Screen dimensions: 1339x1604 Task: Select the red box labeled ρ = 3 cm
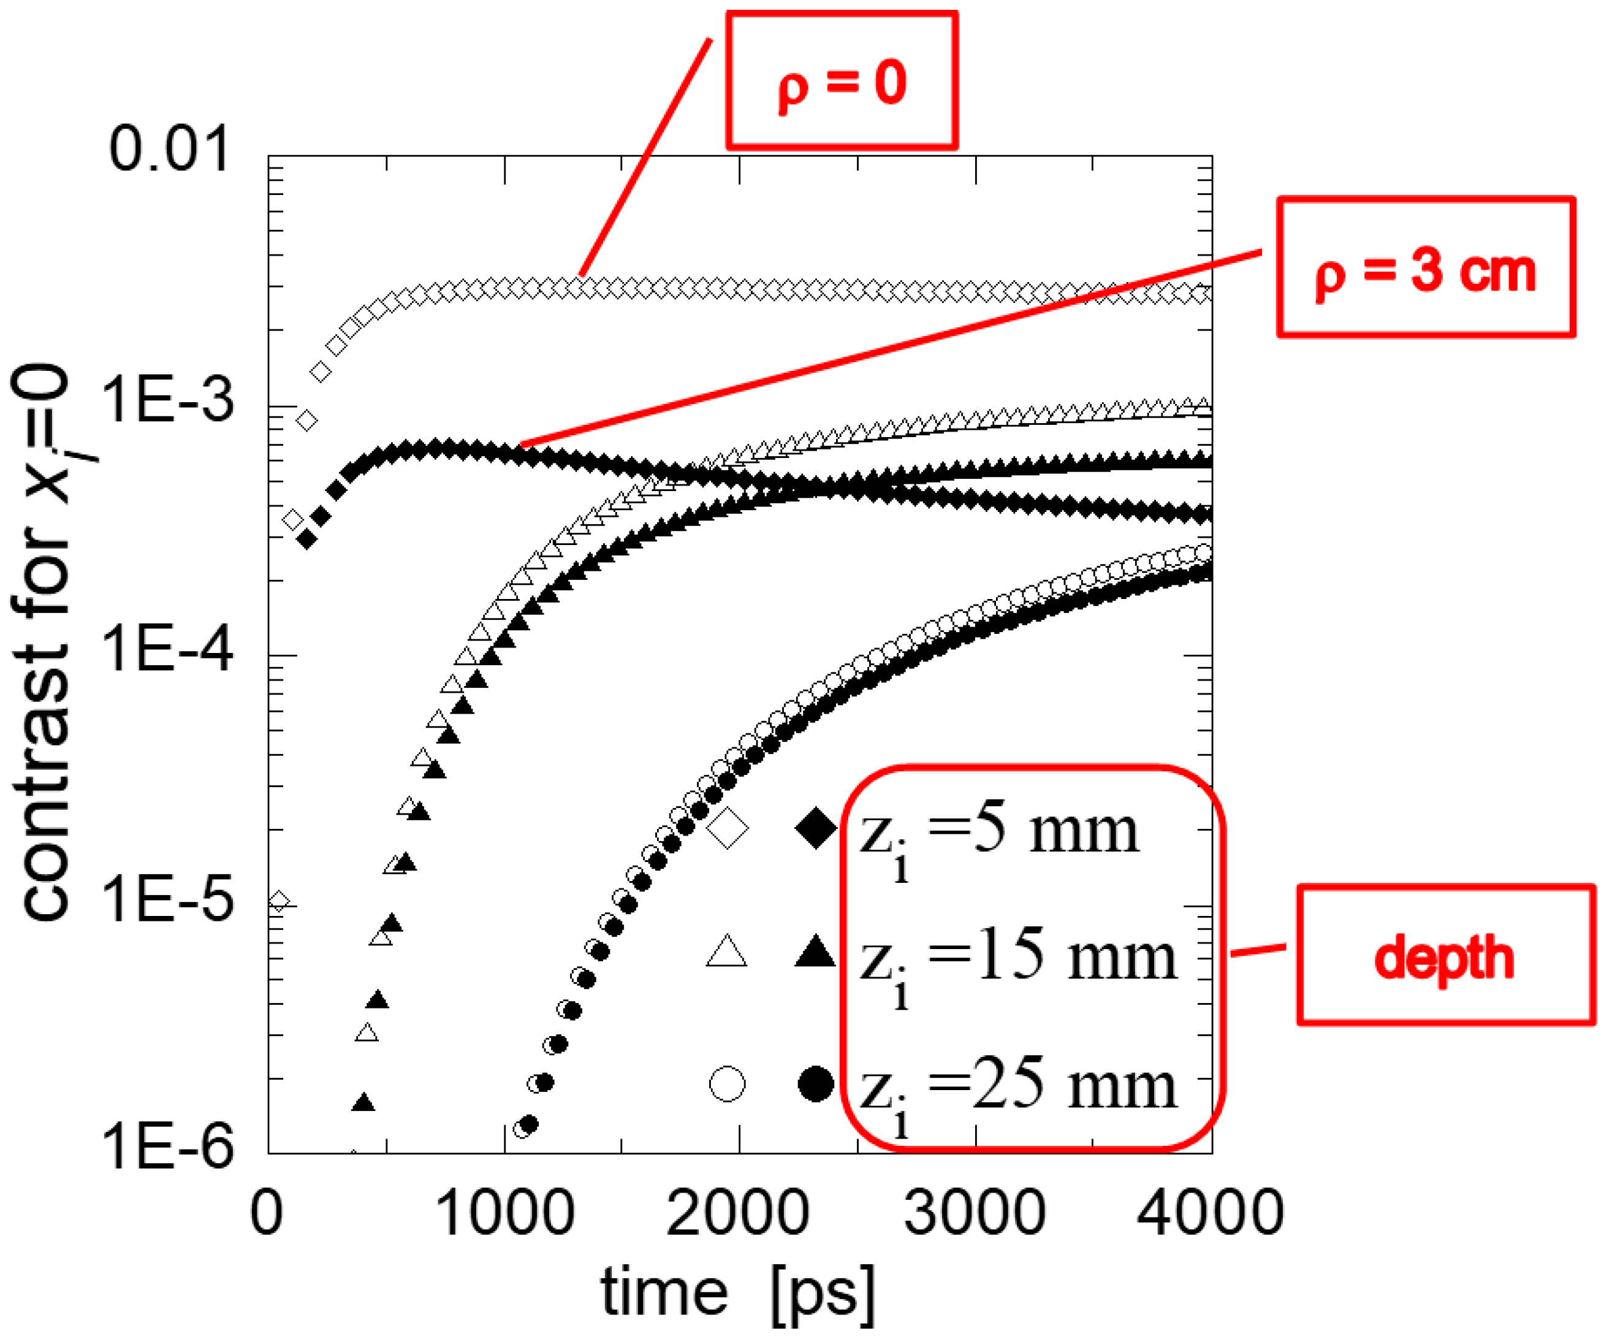point(1425,267)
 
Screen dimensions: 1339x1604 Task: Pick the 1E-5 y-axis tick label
point(167,900)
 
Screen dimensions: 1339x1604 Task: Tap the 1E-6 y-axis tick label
point(167,1148)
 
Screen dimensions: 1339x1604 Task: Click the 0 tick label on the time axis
point(267,1213)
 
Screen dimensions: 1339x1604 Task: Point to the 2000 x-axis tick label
point(738,1213)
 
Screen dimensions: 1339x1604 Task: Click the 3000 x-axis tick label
point(975,1213)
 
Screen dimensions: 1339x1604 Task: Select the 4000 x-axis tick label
point(1210,1213)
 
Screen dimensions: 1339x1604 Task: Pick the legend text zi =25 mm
point(1017,1091)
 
